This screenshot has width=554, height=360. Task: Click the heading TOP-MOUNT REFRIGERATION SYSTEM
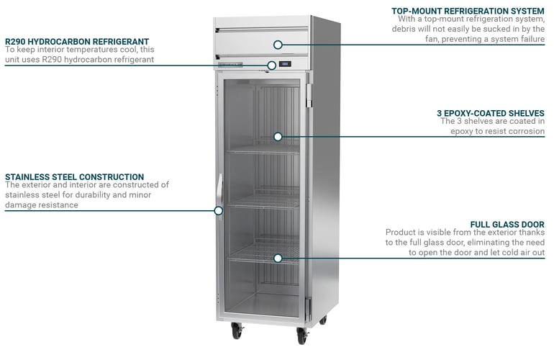tap(468, 11)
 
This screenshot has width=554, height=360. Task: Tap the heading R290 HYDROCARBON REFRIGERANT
tap(77, 42)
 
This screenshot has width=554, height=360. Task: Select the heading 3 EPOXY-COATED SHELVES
tap(490, 113)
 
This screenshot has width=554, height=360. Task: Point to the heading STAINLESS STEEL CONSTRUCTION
tap(74, 176)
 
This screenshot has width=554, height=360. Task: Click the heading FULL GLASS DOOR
tap(507, 225)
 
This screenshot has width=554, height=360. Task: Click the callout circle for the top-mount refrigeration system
tap(278, 45)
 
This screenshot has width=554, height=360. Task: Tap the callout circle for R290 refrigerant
tap(271, 66)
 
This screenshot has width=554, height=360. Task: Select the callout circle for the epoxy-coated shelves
tap(278, 136)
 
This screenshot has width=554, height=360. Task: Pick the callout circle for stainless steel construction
tap(219, 210)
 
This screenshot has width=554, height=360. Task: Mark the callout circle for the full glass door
tap(278, 257)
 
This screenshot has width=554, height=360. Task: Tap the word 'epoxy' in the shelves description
tap(465, 132)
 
